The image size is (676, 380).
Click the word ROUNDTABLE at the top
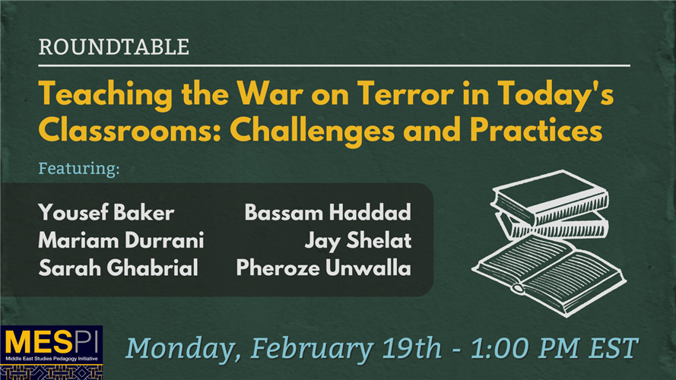point(113,48)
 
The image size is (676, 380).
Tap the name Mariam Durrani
point(121,241)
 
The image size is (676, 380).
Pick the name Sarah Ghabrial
point(117,268)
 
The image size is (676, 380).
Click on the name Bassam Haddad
point(327,212)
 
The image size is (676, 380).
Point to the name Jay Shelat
point(357,241)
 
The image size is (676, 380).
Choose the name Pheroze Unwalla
point(323,268)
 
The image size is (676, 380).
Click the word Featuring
point(79,168)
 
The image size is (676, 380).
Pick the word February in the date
point(308,349)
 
